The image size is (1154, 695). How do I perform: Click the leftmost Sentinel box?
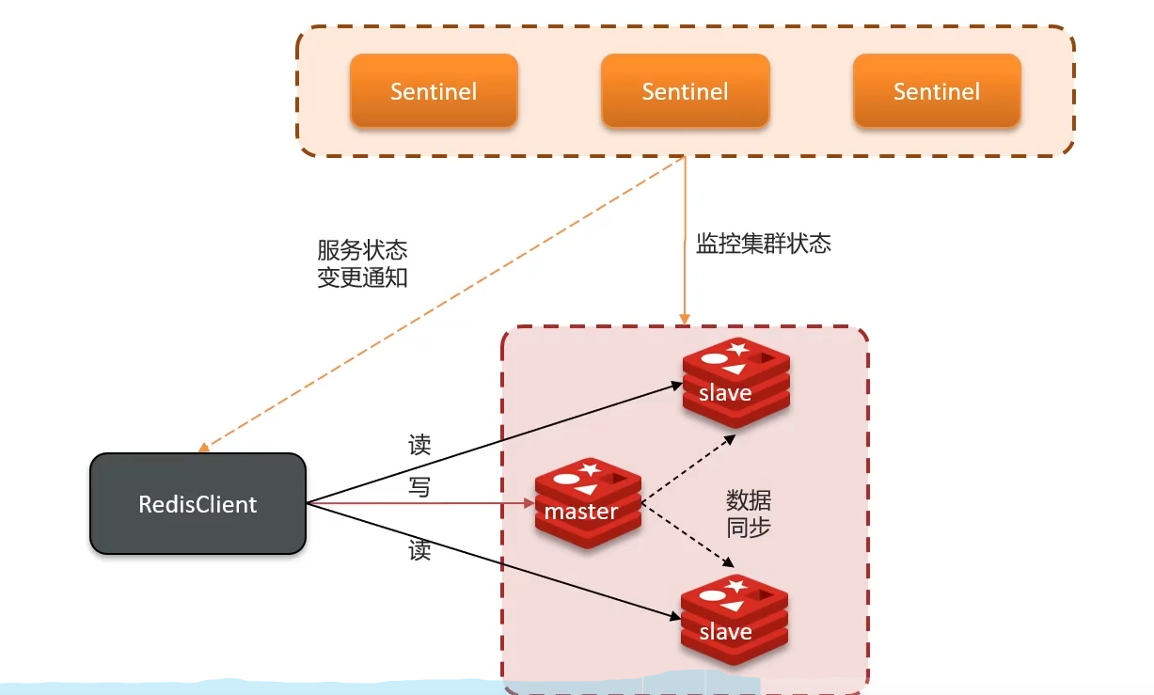[434, 90]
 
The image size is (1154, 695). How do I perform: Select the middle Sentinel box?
[685, 90]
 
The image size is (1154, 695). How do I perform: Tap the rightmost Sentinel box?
[937, 90]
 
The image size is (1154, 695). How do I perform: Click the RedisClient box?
[198, 504]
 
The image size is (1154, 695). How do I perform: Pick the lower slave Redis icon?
[734, 621]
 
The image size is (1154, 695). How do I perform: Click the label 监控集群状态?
[763, 245]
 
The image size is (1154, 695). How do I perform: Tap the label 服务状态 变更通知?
[362, 264]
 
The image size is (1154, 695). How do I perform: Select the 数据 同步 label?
[749, 513]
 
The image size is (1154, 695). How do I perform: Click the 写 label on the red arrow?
[419, 487]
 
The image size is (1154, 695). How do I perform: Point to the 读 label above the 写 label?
[419, 445]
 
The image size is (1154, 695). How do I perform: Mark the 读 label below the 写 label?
[419, 551]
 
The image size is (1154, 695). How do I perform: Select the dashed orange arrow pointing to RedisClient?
[442, 303]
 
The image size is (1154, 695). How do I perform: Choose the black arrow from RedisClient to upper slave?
[494, 442]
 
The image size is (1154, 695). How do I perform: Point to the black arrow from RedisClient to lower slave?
[494, 561]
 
